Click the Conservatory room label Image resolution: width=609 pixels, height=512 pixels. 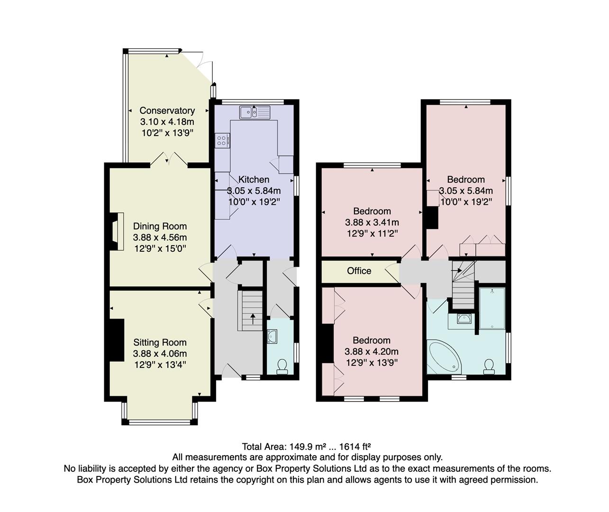click(x=167, y=110)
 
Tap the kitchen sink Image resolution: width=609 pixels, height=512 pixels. click(x=255, y=112)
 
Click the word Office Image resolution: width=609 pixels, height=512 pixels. click(x=359, y=271)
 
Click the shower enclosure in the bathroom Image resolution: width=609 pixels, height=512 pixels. click(x=492, y=308)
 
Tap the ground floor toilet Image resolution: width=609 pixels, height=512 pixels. click(x=282, y=366)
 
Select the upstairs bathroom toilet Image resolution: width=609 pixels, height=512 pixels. click(x=489, y=366)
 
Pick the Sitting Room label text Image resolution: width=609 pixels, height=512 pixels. click(x=160, y=342)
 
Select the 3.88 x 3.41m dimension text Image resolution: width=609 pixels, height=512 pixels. click(x=372, y=222)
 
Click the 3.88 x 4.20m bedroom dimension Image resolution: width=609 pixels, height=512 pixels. click(x=372, y=352)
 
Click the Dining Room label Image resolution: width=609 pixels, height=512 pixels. click(x=160, y=226)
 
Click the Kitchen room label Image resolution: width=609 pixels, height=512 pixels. click(x=254, y=180)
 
